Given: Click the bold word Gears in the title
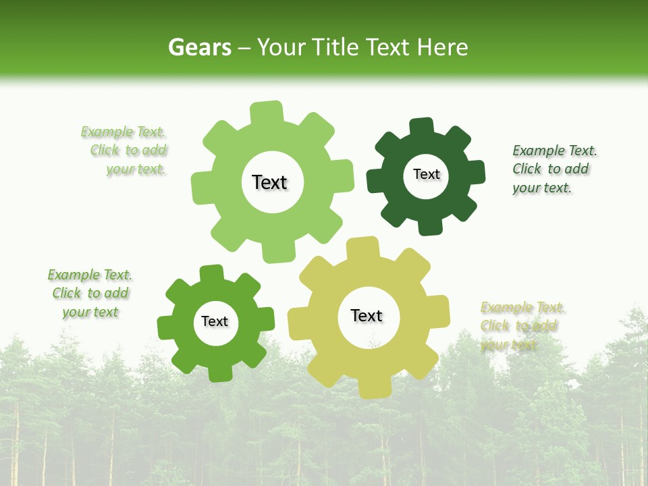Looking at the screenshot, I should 199,47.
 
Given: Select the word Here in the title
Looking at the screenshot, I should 442,47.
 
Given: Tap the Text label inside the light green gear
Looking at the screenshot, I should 269,182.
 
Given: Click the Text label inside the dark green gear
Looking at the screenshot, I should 426,174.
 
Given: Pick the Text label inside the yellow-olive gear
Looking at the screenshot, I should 367,315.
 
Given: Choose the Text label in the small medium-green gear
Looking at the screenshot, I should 215,321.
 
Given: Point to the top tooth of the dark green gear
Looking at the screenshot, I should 421,127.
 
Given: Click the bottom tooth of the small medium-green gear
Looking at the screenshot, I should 219,373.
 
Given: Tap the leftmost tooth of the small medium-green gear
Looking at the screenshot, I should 166,328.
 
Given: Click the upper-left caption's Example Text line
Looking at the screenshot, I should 124,132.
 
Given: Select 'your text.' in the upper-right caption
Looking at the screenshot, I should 542,188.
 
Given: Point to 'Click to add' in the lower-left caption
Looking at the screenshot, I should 90,294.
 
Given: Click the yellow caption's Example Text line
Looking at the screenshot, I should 523,308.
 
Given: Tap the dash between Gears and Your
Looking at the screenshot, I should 245,47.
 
